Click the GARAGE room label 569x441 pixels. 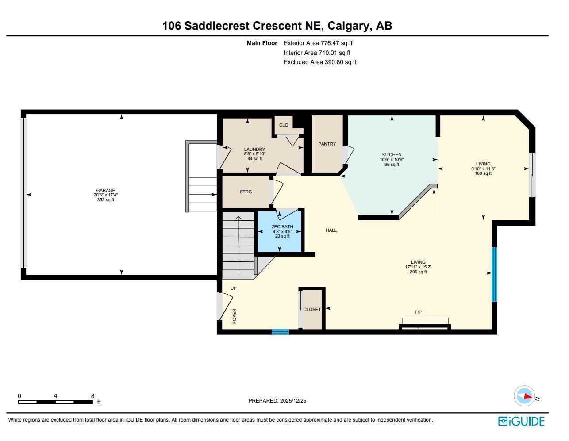click(105, 191)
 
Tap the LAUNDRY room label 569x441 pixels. click(254, 150)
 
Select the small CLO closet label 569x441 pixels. click(284, 125)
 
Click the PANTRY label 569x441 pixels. click(327, 144)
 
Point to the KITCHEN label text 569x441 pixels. click(392, 155)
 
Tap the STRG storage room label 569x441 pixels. click(246, 192)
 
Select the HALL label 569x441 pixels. click(331, 230)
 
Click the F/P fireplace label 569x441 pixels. click(418, 312)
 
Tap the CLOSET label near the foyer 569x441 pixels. click(312, 310)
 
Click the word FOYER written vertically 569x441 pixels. click(235, 316)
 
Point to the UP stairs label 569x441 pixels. click(234, 288)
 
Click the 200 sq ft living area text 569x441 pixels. click(418, 272)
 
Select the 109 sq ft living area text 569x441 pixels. click(483, 173)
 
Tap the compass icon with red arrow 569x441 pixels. click(524, 396)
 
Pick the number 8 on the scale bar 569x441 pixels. click(92, 396)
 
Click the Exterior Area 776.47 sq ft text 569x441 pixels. click(318, 43)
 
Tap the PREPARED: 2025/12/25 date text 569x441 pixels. click(277, 401)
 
